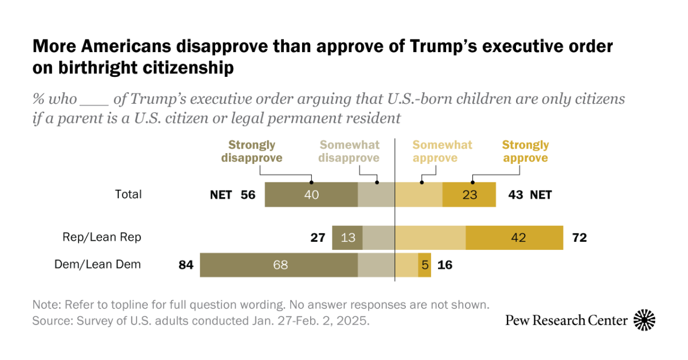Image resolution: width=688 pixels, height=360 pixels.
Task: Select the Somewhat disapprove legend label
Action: [349, 151]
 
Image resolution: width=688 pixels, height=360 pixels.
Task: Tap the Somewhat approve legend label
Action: [442, 151]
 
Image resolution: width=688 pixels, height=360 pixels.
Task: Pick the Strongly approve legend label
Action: [525, 151]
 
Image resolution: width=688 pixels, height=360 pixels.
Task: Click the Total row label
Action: [128, 194]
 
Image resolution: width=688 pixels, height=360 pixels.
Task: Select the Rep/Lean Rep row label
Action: [102, 237]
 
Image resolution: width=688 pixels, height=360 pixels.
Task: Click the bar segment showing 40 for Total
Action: [311, 195]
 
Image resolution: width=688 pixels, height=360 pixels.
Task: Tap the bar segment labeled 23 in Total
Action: [469, 195]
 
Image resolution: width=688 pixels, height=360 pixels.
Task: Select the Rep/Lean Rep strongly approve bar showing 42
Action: [514, 237]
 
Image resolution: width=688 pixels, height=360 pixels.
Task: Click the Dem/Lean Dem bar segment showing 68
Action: [279, 265]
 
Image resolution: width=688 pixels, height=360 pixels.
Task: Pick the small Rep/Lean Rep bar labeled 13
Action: [347, 237]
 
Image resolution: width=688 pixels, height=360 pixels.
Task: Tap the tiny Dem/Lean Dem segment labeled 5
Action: [424, 265]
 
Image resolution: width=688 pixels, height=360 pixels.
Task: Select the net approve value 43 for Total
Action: [515, 195]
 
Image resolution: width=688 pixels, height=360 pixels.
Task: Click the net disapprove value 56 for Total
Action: [248, 195]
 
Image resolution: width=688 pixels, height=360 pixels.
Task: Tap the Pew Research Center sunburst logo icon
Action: [644, 320]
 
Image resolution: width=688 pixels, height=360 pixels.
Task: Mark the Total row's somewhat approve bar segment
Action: [419, 195]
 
